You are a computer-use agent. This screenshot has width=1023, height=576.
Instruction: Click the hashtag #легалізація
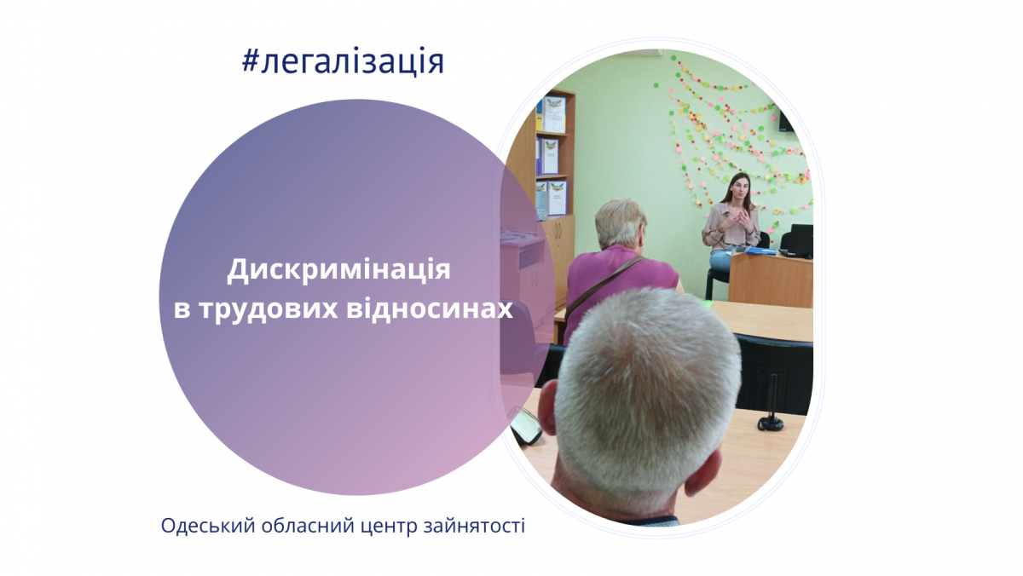click(x=343, y=62)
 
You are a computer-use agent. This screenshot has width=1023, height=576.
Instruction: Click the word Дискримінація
click(x=339, y=270)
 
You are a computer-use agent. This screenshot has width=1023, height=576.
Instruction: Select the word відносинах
click(x=430, y=308)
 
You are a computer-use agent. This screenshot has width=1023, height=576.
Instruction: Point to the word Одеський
click(x=208, y=526)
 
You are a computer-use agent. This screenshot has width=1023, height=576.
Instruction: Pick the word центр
click(x=389, y=527)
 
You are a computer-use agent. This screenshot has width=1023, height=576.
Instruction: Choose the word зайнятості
click(x=475, y=526)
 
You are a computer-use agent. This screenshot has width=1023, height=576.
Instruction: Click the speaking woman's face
click(x=739, y=191)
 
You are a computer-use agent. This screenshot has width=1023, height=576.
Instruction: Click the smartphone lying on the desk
click(x=525, y=426)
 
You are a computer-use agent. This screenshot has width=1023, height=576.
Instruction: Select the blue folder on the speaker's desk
click(x=760, y=251)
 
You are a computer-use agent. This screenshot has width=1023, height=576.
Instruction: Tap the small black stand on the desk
click(x=771, y=422)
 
